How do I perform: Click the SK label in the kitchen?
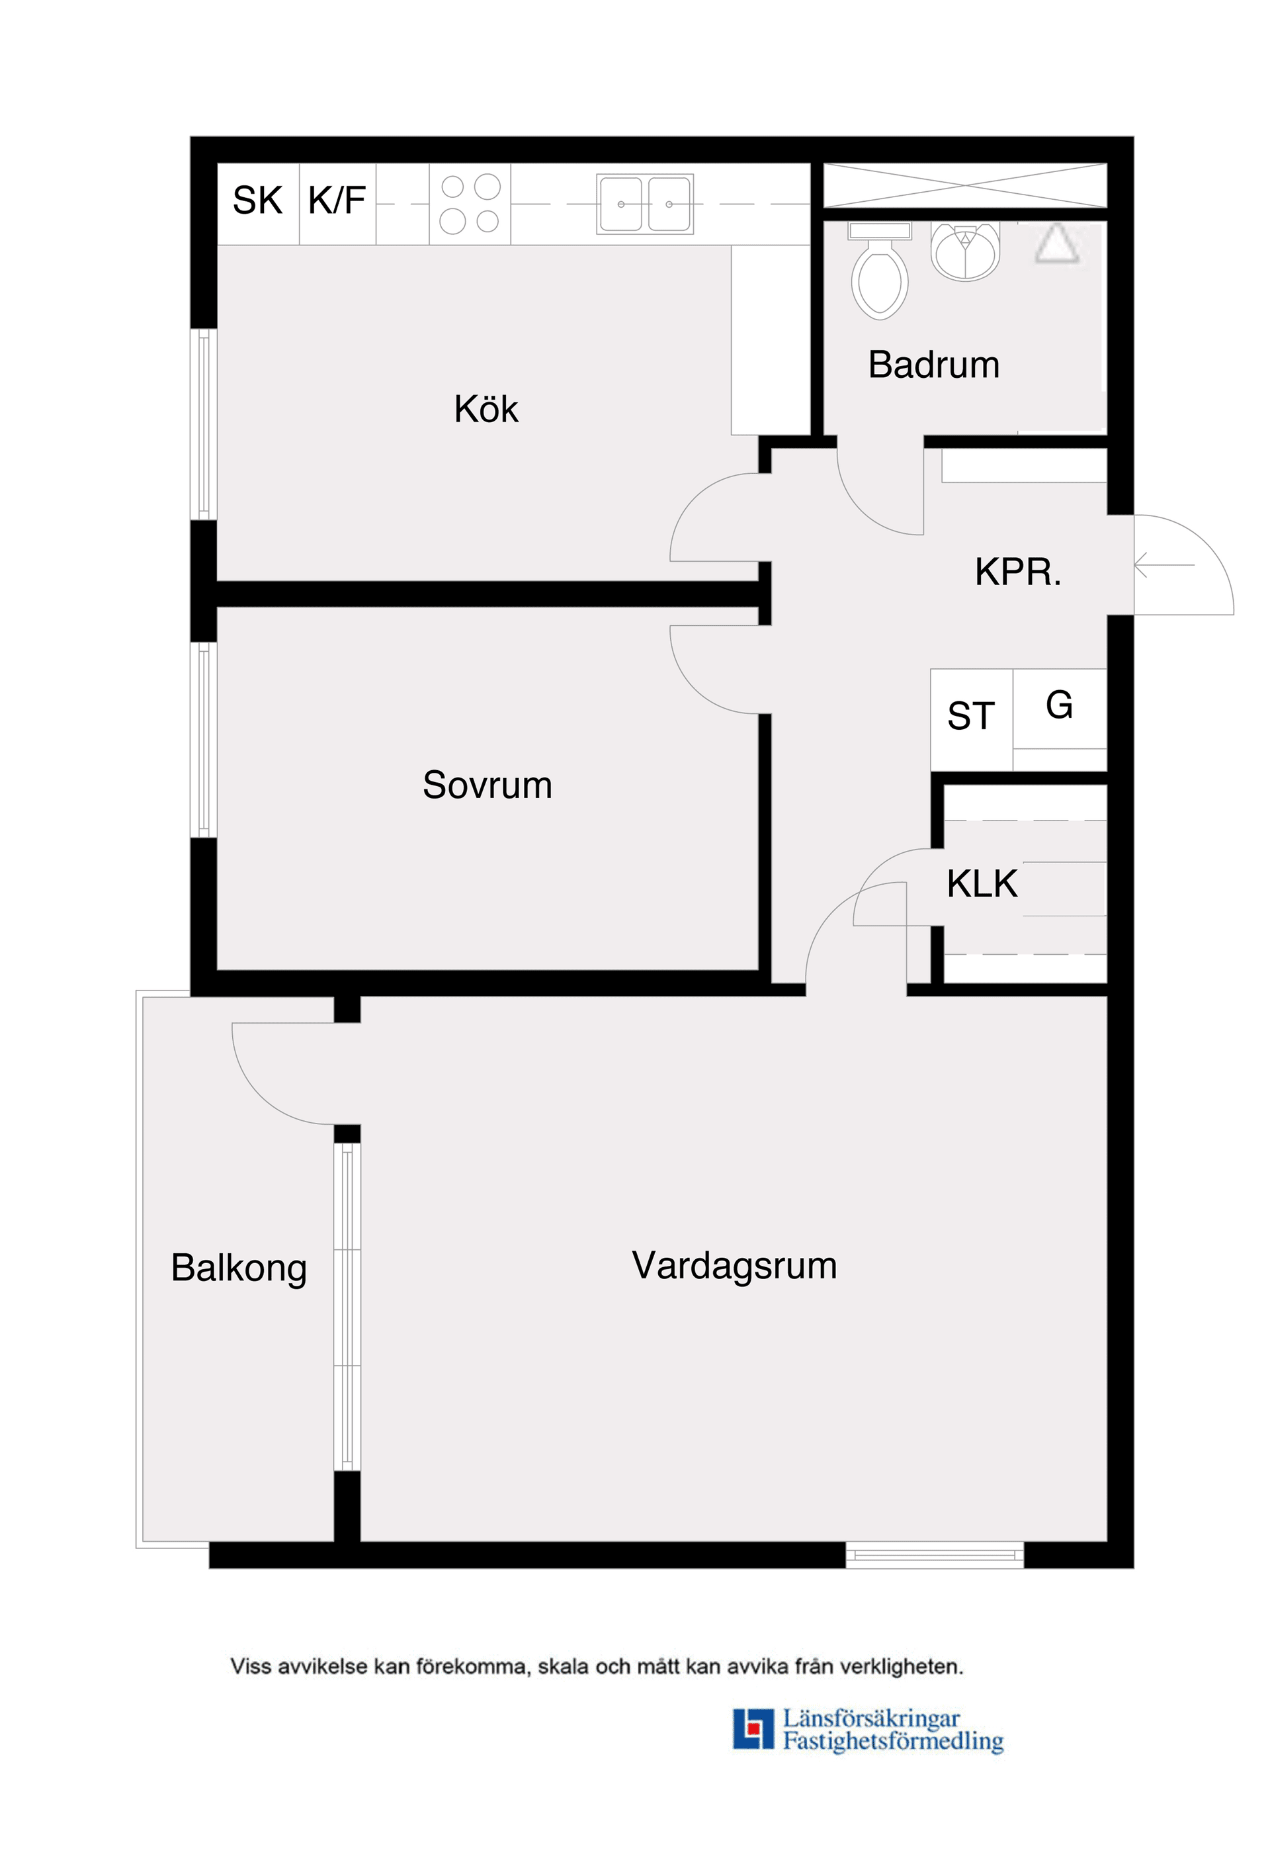coord(257,200)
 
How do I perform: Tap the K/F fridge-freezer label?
coord(337,200)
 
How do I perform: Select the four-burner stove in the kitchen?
coord(470,204)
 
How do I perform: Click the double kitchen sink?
coord(644,204)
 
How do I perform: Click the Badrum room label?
coord(933,365)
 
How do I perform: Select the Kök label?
coord(486,410)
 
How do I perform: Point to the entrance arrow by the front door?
coord(1163,565)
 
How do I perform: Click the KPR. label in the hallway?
coord(1017,572)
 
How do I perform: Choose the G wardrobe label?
coord(1059,705)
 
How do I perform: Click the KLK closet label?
coord(982,884)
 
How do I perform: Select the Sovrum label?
coord(487,785)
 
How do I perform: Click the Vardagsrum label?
coord(734,1266)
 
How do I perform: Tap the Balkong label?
coord(239,1268)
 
